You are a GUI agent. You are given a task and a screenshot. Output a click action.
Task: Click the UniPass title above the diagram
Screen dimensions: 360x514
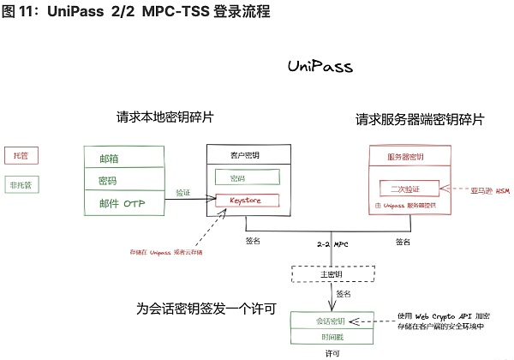point(320,67)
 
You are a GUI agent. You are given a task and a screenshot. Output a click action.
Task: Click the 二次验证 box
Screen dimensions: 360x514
point(409,189)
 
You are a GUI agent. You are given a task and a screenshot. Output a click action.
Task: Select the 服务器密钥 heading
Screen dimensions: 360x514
point(409,157)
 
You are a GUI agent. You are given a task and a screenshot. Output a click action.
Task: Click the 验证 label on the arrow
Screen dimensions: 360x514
point(183,192)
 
